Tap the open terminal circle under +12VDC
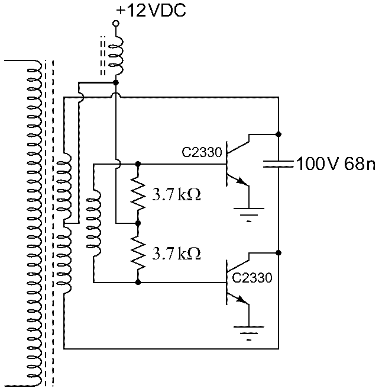point(116,24)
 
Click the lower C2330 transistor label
point(252,278)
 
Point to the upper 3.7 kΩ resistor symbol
point(138,193)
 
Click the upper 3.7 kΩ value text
point(177,195)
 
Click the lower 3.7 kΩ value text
point(177,254)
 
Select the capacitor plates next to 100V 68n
point(278,163)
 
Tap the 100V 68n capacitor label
point(335,164)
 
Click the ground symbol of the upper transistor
point(248,212)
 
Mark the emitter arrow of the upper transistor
point(241,181)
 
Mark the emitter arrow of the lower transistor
point(241,300)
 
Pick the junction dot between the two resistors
point(138,223)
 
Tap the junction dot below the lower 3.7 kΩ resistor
point(138,283)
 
